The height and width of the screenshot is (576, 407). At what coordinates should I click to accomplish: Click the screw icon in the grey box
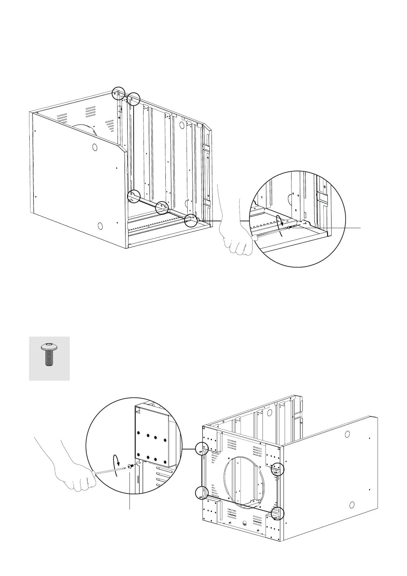coord(49,358)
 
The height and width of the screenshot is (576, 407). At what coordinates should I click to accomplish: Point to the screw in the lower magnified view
coord(130,466)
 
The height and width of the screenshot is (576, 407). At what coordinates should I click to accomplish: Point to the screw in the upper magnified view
coord(289,227)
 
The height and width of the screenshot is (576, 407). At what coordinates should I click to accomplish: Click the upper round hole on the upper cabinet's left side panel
coord(95,147)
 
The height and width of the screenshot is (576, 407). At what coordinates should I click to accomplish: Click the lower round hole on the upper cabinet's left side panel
coord(100,226)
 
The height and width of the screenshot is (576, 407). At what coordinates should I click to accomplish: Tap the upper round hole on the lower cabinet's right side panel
coord(347,434)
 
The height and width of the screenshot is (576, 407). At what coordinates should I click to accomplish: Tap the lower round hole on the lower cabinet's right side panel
coord(352,505)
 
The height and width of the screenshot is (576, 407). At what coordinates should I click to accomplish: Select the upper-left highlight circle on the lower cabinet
coord(202,448)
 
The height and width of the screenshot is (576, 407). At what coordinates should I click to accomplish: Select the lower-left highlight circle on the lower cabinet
coord(202,493)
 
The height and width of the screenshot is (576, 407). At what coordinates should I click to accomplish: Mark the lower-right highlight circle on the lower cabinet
coord(277,513)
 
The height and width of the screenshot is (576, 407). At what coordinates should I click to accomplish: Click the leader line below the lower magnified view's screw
coord(130,493)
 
